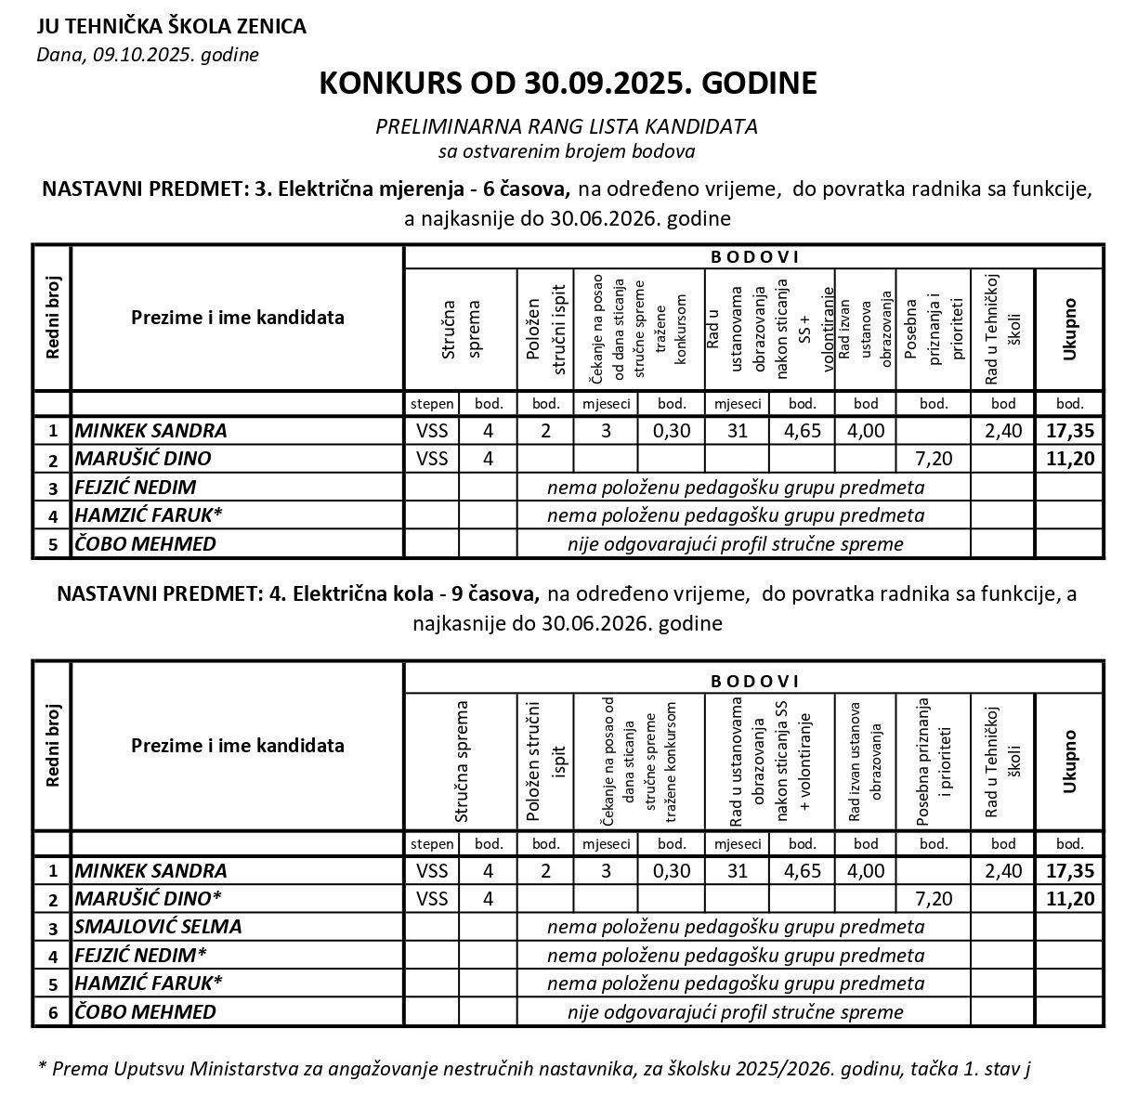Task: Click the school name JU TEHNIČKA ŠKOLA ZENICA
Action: [x=171, y=26]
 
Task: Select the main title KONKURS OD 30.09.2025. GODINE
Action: [x=568, y=84]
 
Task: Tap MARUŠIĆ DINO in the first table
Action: [x=143, y=458]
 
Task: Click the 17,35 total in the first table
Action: [x=1069, y=430]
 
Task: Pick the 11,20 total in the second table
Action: [x=1069, y=898]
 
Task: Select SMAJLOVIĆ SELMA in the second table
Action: [x=158, y=926]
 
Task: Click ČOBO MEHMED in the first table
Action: [x=145, y=543]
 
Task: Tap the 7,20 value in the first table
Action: [x=934, y=458]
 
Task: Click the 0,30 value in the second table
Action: [x=672, y=870]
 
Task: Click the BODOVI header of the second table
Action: [x=753, y=681]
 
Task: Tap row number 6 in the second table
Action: [x=53, y=1012]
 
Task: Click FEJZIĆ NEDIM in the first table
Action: [x=136, y=487]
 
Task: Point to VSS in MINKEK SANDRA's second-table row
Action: [x=432, y=870]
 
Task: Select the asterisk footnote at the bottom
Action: [x=534, y=1068]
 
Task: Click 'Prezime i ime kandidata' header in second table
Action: [x=238, y=745]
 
